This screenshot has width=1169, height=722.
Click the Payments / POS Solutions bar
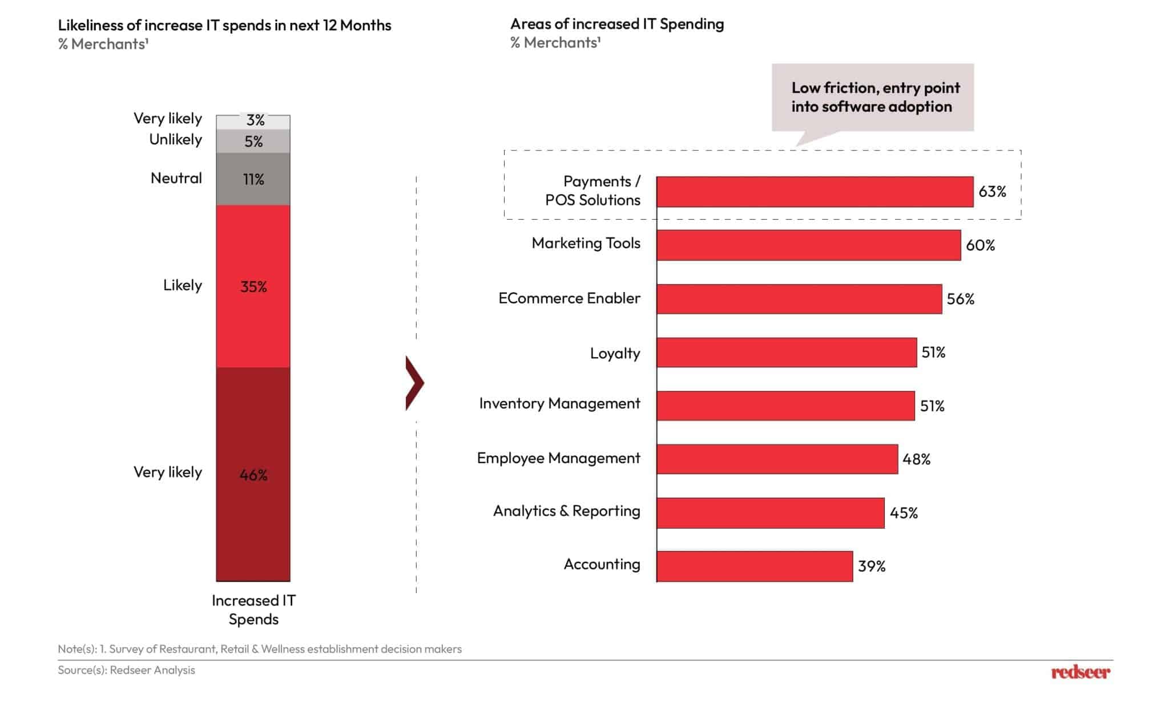point(815,192)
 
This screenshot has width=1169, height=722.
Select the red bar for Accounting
point(754,566)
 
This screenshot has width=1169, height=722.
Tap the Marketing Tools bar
point(808,245)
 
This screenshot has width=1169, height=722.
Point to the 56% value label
point(961,299)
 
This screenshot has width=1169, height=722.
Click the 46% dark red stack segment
point(253,474)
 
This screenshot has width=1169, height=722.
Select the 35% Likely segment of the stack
point(253,286)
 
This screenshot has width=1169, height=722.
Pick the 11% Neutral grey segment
point(253,179)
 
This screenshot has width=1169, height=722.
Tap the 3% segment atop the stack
point(253,121)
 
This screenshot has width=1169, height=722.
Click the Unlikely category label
point(175,140)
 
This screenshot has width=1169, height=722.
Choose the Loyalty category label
point(615,353)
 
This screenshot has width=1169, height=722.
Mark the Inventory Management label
point(559,404)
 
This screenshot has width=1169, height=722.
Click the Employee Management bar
point(777,459)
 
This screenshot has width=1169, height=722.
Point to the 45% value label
point(904,513)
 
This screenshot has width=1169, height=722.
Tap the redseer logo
point(1081,672)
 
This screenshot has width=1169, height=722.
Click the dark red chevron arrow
point(414,383)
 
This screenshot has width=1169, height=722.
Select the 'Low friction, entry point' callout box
point(872,98)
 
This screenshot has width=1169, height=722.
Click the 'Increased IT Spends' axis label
point(253,610)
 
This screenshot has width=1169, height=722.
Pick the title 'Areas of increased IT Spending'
point(617,24)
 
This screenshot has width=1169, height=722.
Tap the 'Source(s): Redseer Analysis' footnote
point(126,670)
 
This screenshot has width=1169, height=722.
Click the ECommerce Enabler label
point(569,298)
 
